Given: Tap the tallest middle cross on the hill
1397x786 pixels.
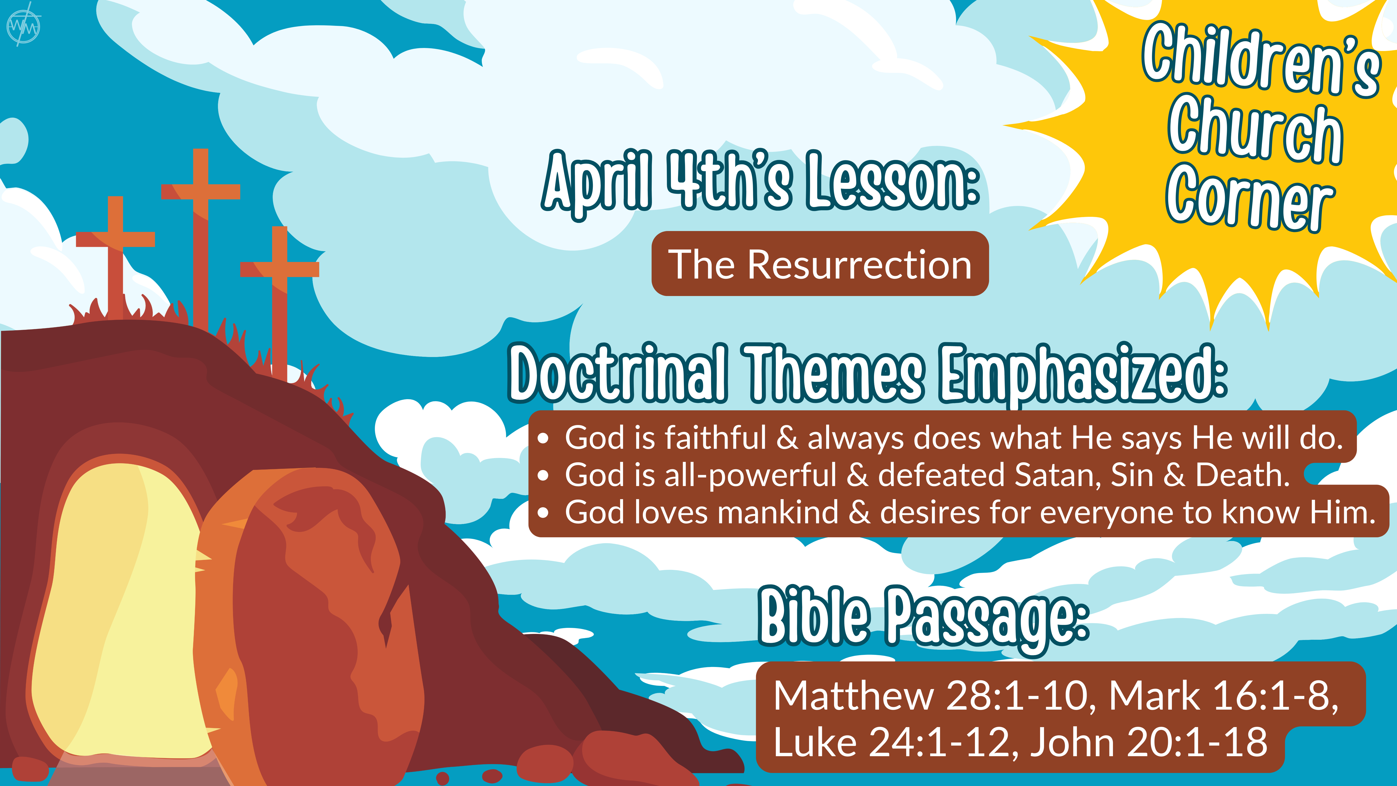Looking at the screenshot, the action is point(201,239).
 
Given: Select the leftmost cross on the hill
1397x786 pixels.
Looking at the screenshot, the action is point(115,255).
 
